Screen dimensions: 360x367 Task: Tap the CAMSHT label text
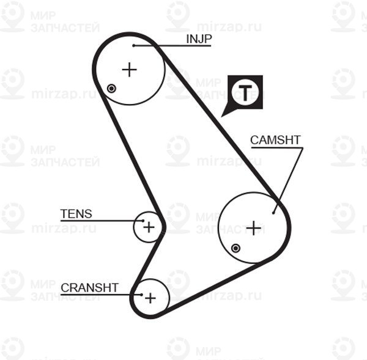275,140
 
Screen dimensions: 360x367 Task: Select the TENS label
76,214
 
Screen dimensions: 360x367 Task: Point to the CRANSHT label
89,287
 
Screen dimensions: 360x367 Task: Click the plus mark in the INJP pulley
129,70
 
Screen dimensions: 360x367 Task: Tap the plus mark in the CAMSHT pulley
253,228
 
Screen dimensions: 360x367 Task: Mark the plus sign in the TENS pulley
149,227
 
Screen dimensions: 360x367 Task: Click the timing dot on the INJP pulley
111,89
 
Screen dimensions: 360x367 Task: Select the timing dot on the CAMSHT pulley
236,248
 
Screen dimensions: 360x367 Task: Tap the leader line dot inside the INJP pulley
133,45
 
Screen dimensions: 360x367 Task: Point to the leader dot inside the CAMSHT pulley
274,213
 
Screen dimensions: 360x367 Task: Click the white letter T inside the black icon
245,92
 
